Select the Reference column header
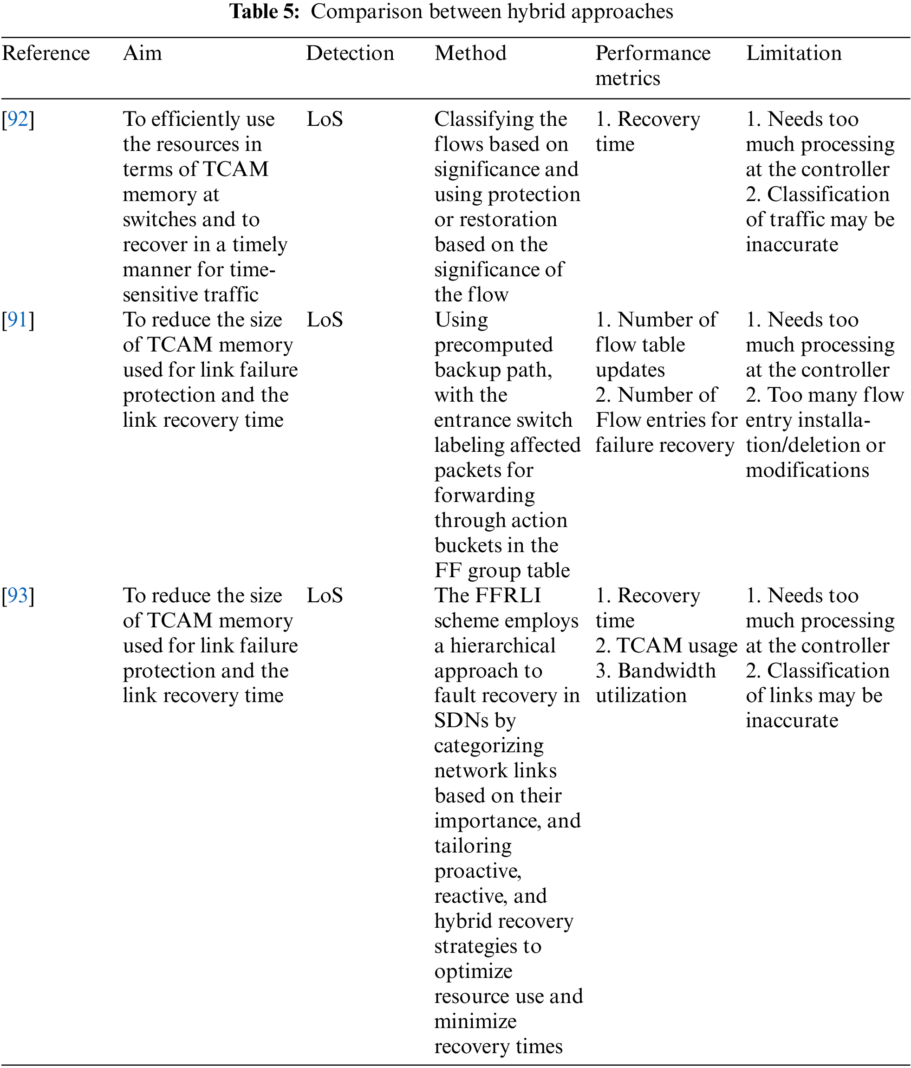[x=46, y=53]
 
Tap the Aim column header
[x=142, y=53]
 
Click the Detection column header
[x=350, y=53]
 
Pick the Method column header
[x=470, y=53]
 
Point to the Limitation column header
[x=794, y=53]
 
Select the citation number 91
[x=18, y=320]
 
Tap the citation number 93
[x=18, y=596]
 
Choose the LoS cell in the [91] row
[x=325, y=320]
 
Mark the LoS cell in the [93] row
[x=325, y=596]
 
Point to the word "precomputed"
[x=493, y=345]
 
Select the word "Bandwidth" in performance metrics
[x=666, y=671]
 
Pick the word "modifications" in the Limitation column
[x=807, y=470]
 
